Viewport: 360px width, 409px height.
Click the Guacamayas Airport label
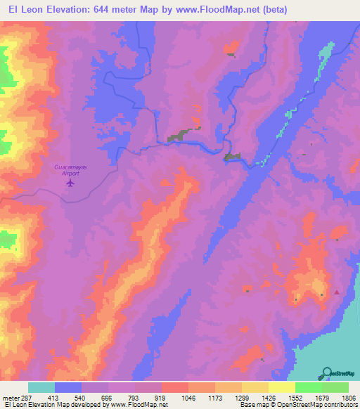[69, 170]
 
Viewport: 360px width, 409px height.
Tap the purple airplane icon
[70, 183]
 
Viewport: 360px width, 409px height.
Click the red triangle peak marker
[337, 292]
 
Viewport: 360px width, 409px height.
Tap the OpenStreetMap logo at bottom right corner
[338, 374]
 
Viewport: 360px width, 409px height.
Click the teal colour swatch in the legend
[41, 387]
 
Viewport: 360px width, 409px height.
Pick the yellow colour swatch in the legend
[282, 387]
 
